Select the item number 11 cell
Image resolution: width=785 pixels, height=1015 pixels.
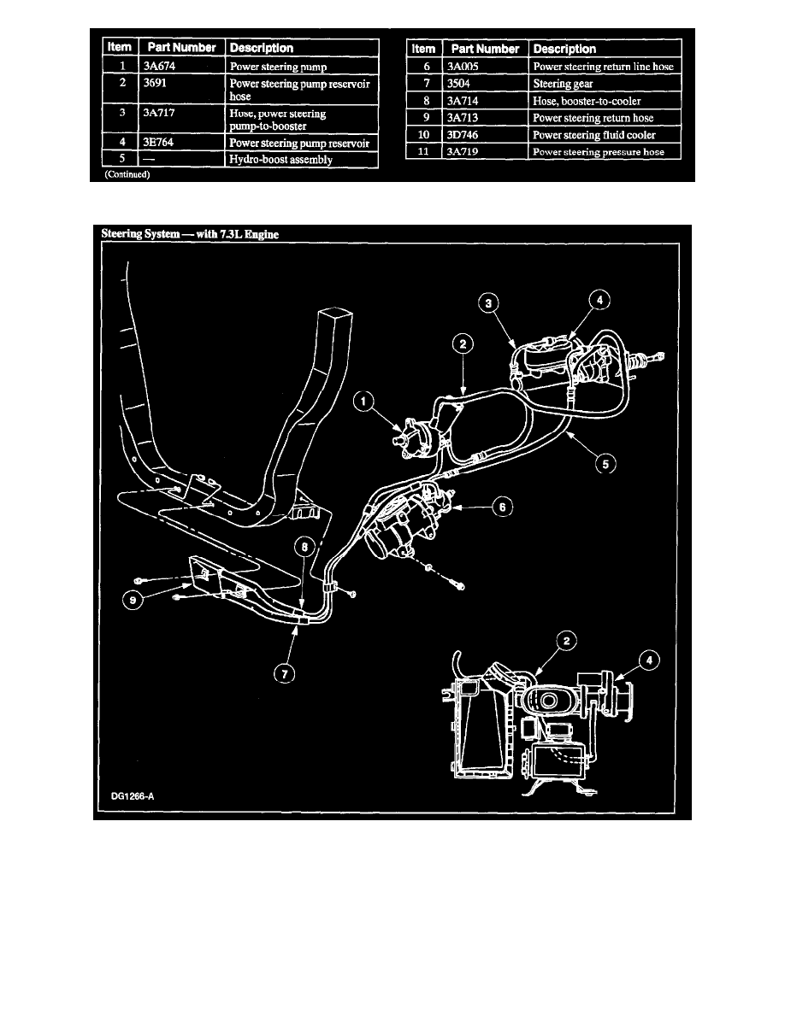423,152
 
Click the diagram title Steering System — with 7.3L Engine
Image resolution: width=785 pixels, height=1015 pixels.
190,233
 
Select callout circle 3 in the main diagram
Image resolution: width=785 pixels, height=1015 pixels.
488,305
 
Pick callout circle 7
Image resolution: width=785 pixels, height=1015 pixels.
284,673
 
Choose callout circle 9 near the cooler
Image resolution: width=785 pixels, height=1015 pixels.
133,601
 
